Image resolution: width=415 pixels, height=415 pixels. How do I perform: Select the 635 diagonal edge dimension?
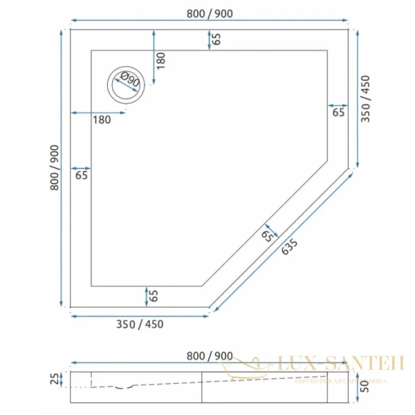[x=290, y=246]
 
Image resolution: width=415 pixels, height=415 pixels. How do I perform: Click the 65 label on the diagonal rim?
[x=268, y=236]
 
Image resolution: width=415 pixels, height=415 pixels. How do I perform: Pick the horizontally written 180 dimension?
[x=102, y=120]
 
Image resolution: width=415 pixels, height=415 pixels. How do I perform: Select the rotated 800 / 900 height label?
[x=54, y=167]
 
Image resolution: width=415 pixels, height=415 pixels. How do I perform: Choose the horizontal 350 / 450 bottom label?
[x=139, y=324]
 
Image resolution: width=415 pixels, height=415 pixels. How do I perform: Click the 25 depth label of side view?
[x=55, y=379]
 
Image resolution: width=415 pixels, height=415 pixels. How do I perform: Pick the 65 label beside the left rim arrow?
[x=82, y=176]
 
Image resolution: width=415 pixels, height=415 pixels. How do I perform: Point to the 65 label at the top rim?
[x=216, y=39]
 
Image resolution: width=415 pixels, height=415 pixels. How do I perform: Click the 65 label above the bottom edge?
[x=154, y=296]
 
